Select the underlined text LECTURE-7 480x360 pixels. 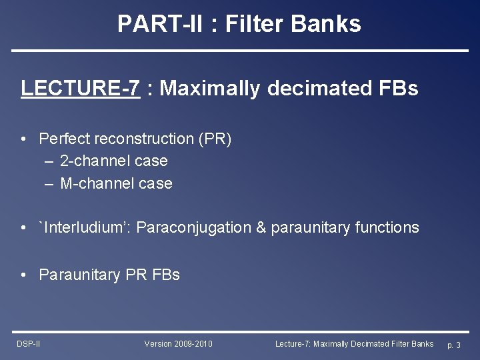point(81,88)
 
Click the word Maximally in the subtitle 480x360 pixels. point(210,88)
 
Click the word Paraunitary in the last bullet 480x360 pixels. point(80,275)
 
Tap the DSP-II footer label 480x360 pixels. point(28,344)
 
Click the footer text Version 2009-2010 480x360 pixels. point(178,344)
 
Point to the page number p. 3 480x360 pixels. point(453,345)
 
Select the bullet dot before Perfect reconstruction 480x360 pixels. point(24,139)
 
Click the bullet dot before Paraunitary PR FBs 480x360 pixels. point(24,275)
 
